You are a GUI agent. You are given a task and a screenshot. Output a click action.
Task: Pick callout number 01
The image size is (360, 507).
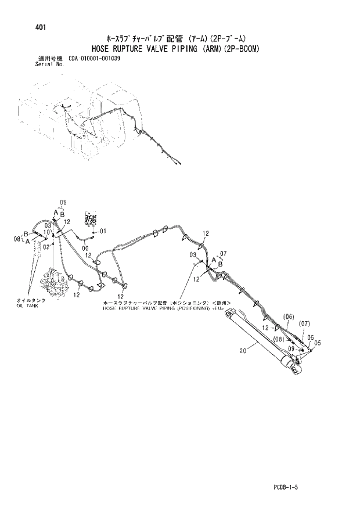click(103, 231)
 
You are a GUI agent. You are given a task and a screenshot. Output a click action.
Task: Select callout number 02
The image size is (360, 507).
click(45, 246)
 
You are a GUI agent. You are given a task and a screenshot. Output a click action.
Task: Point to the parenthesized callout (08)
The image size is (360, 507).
click(278, 339)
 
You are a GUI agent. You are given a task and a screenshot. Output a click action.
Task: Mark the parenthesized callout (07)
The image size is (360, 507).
click(305, 323)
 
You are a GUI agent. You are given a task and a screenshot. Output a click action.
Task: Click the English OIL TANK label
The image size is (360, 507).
click(28, 305)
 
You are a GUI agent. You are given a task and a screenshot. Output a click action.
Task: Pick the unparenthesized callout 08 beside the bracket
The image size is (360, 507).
click(17, 238)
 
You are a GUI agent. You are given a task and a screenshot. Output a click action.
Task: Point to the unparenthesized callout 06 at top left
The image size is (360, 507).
click(63, 202)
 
